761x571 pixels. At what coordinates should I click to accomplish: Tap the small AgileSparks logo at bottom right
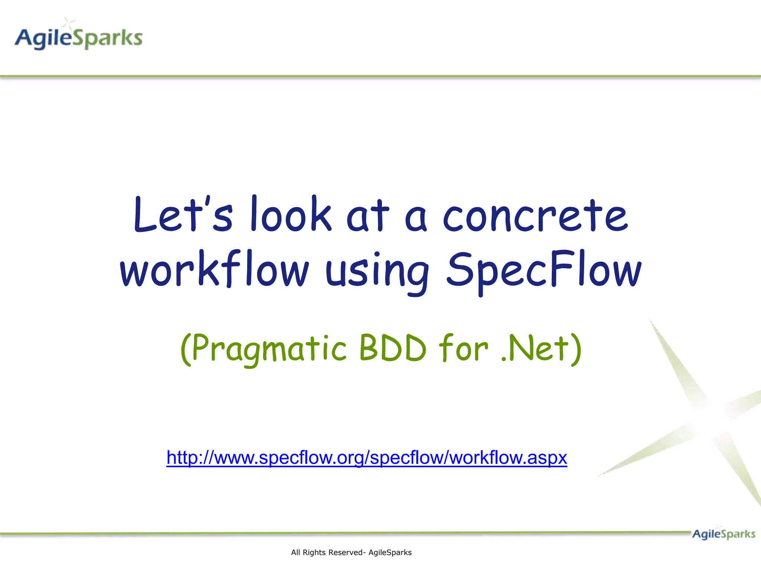[x=723, y=534]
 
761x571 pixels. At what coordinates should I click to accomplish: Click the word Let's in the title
[x=183, y=215]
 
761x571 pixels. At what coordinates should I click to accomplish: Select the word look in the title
[x=291, y=215]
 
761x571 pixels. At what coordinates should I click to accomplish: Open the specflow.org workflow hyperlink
[x=366, y=457]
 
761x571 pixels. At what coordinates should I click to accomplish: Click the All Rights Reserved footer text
[x=351, y=552]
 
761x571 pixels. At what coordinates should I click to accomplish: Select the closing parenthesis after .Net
[x=576, y=349]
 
